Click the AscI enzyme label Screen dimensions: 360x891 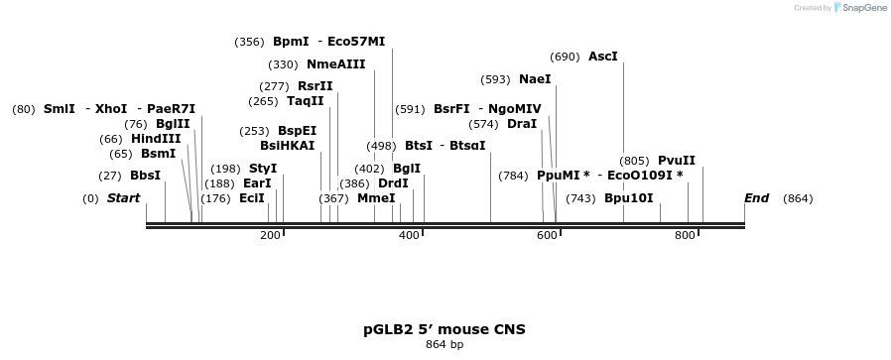[x=603, y=57]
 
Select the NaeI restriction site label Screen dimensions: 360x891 [x=535, y=79]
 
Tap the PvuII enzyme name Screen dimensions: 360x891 [x=677, y=161]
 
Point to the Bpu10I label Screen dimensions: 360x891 [x=629, y=198]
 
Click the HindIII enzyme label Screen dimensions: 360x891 [x=156, y=139]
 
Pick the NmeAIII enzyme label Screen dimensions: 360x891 [x=336, y=64]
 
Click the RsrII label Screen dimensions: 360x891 [x=316, y=86]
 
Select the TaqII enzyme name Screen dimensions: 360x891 [x=306, y=101]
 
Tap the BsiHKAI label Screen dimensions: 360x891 [x=287, y=145]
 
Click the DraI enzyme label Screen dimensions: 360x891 [x=522, y=124]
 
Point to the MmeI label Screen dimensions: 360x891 [x=376, y=198]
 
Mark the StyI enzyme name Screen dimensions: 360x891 [x=263, y=169]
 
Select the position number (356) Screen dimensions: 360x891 [x=249, y=42]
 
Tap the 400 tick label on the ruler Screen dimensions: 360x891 [x=409, y=235]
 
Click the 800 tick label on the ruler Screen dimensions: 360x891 [x=685, y=235]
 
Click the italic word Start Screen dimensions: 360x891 [x=124, y=198]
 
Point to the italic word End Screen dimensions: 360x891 [x=757, y=198]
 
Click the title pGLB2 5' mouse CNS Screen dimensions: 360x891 [x=445, y=329]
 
